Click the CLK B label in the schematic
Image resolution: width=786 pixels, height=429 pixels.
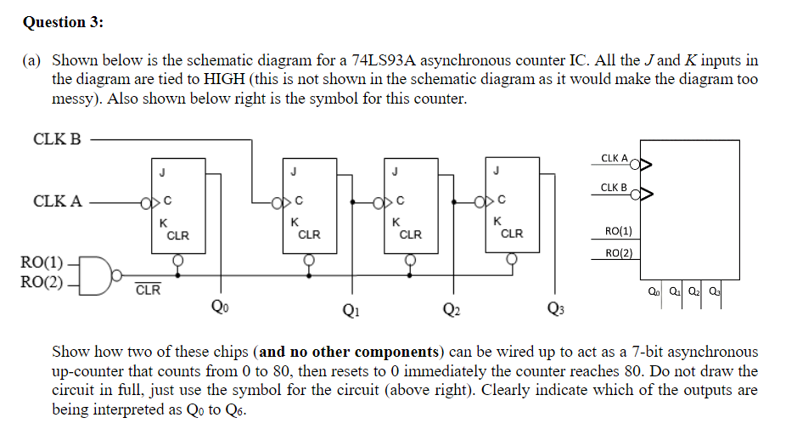(x=57, y=138)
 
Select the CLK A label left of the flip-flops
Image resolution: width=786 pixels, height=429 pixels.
(x=57, y=201)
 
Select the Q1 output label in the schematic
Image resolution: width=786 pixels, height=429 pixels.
(x=350, y=309)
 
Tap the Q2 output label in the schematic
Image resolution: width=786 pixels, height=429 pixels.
(x=452, y=309)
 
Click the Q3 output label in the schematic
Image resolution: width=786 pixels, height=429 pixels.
(x=556, y=309)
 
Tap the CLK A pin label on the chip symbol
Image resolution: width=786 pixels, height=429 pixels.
(x=614, y=158)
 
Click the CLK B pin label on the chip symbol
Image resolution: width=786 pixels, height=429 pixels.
(x=614, y=187)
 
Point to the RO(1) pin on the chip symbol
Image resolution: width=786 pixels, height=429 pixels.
(x=618, y=231)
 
